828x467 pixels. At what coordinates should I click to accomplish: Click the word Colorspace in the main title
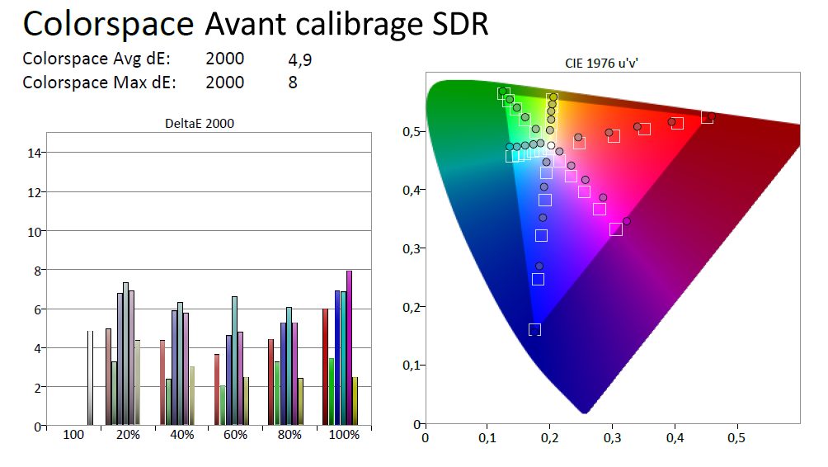(x=107, y=25)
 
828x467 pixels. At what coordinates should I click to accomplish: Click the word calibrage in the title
(x=366, y=25)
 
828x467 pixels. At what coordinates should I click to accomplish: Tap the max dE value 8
(x=293, y=83)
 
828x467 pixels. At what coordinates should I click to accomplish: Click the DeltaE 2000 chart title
(x=200, y=125)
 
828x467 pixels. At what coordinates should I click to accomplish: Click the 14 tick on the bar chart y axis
(x=35, y=153)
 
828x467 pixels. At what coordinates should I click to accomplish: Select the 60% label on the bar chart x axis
(x=236, y=435)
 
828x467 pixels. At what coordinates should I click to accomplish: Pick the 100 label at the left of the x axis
(x=73, y=435)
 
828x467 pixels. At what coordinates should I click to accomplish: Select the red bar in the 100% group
(x=326, y=367)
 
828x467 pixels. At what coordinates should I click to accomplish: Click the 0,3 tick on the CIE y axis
(x=407, y=248)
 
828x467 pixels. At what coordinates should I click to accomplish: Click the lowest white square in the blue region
(x=534, y=330)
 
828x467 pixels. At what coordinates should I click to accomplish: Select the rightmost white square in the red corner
(x=707, y=117)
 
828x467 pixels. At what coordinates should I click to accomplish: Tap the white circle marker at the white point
(x=551, y=145)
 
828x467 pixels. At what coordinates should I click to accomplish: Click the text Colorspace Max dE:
(x=99, y=83)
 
